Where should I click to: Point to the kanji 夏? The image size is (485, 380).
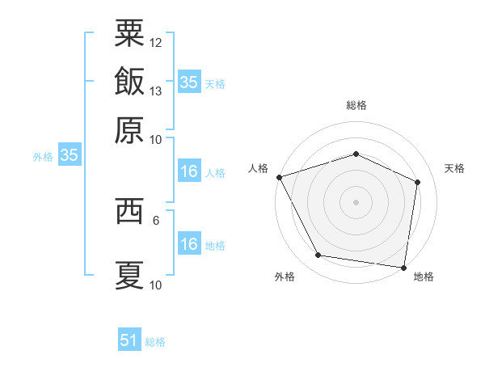click(129, 274)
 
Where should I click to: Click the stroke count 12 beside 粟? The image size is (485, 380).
click(156, 41)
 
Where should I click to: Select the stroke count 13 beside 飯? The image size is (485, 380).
click(156, 91)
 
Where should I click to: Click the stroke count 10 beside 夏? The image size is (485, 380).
click(156, 284)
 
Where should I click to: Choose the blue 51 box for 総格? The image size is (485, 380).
click(129, 340)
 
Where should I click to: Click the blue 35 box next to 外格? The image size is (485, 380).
click(69, 156)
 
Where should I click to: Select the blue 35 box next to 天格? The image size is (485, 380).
click(188, 82)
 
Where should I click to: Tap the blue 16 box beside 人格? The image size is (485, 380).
click(188, 171)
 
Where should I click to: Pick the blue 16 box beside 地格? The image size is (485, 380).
click(188, 244)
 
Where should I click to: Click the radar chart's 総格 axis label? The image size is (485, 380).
click(356, 105)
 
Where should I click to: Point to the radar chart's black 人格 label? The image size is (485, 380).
click(259, 168)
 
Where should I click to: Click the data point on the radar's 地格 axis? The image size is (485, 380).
click(404, 267)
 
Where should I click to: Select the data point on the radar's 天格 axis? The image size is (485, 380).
click(418, 182)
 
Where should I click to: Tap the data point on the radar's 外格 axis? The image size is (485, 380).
click(318, 255)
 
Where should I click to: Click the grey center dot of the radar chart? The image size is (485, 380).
click(356, 201)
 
